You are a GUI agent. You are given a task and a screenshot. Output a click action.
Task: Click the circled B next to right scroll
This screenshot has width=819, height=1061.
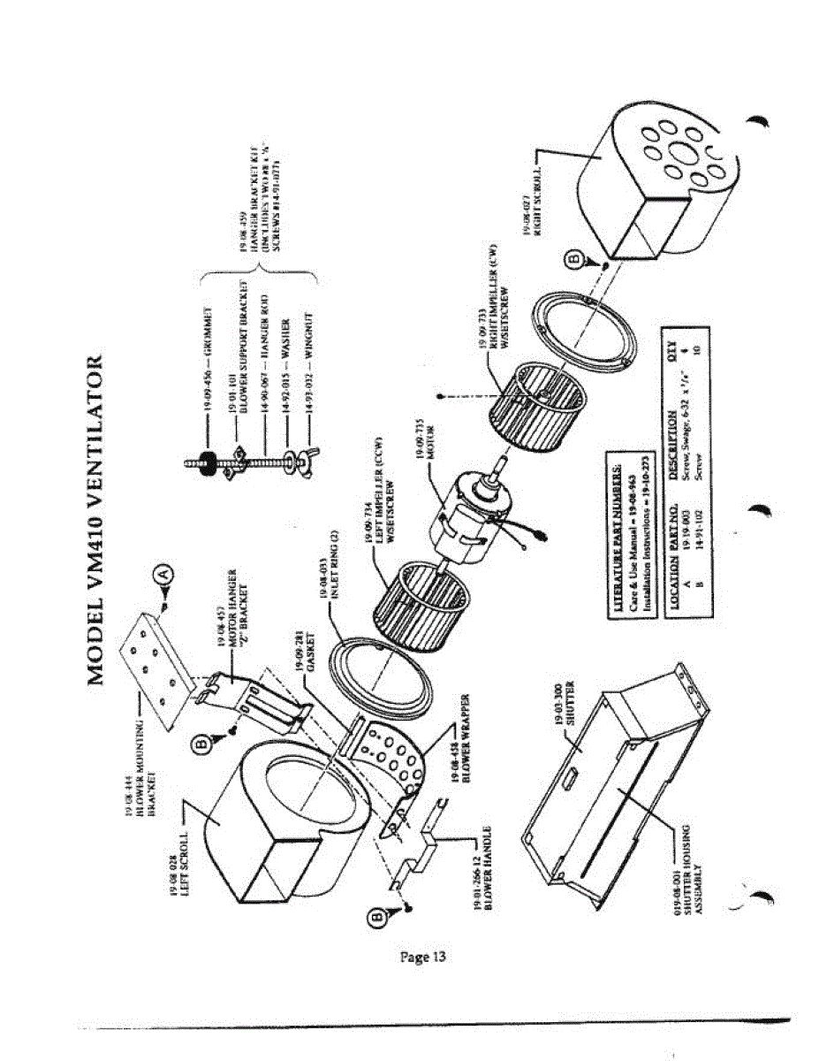coord(572,259)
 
